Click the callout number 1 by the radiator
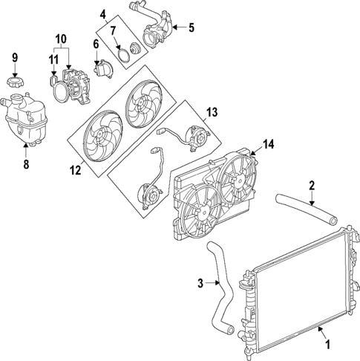point(324,345)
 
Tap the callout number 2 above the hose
point(312,185)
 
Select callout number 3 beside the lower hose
point(200,282)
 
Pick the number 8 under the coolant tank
point(27,165)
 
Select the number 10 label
point(61,37)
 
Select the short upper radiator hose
point(305,208)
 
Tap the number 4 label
point(103,13)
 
